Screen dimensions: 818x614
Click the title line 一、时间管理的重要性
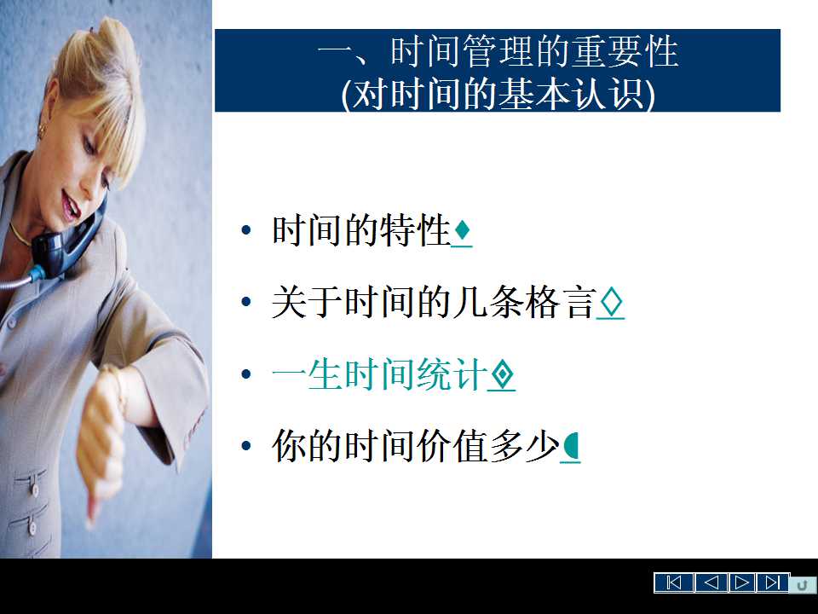[x=498, y=51]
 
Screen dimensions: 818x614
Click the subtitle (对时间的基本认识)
[x=498, y=94]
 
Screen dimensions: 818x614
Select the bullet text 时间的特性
[x=361, y=229]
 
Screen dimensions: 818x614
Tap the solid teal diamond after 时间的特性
[x=462, y=229]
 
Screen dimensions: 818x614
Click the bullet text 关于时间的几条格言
[x=434, y=302]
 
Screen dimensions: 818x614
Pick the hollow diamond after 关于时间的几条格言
[x=611, y=302]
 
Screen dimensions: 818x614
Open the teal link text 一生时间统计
[x=379, y=374]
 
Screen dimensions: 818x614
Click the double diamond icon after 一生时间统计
[x=502, y=374]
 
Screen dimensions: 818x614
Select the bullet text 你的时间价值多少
[x=415, y=446]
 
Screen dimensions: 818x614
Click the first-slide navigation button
[x=674, y=582]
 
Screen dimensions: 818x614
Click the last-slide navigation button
[x=773, y=582]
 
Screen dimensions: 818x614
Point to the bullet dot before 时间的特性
[x=246, y=229]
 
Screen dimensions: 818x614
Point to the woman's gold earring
[x=42, y=131]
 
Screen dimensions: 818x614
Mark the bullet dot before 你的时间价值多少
[x=246, y=446]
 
